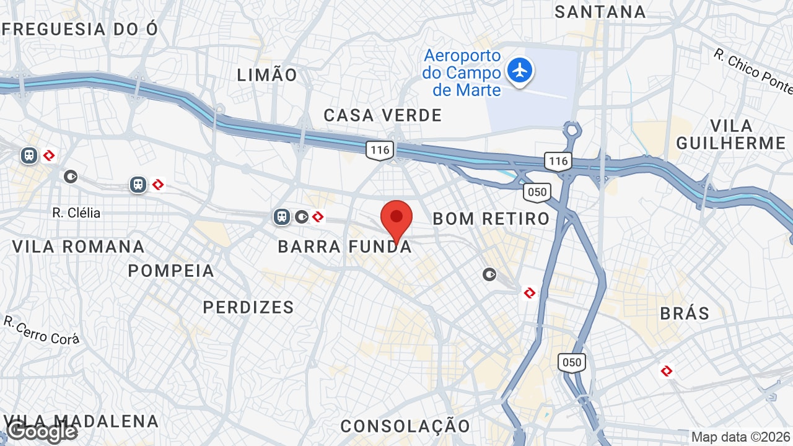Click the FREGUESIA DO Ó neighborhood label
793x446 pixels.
80,29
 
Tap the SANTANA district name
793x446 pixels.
600,12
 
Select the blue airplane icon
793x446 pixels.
520,70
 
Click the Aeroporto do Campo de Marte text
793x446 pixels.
462,73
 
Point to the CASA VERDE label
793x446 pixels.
383,115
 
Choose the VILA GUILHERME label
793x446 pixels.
731,134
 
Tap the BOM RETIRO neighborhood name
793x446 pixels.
491,219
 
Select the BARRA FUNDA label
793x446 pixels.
344,247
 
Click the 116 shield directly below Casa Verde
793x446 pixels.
379,149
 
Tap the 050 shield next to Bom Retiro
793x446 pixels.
537,191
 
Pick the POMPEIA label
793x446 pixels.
171,271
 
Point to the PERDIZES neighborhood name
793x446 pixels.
248,307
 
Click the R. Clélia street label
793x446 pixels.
76,213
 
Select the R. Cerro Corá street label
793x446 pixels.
42,330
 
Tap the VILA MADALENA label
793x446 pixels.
81,422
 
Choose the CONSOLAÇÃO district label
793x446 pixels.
405,426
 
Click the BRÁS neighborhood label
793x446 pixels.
685,313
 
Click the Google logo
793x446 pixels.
42,432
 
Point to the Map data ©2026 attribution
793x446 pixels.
740,437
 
